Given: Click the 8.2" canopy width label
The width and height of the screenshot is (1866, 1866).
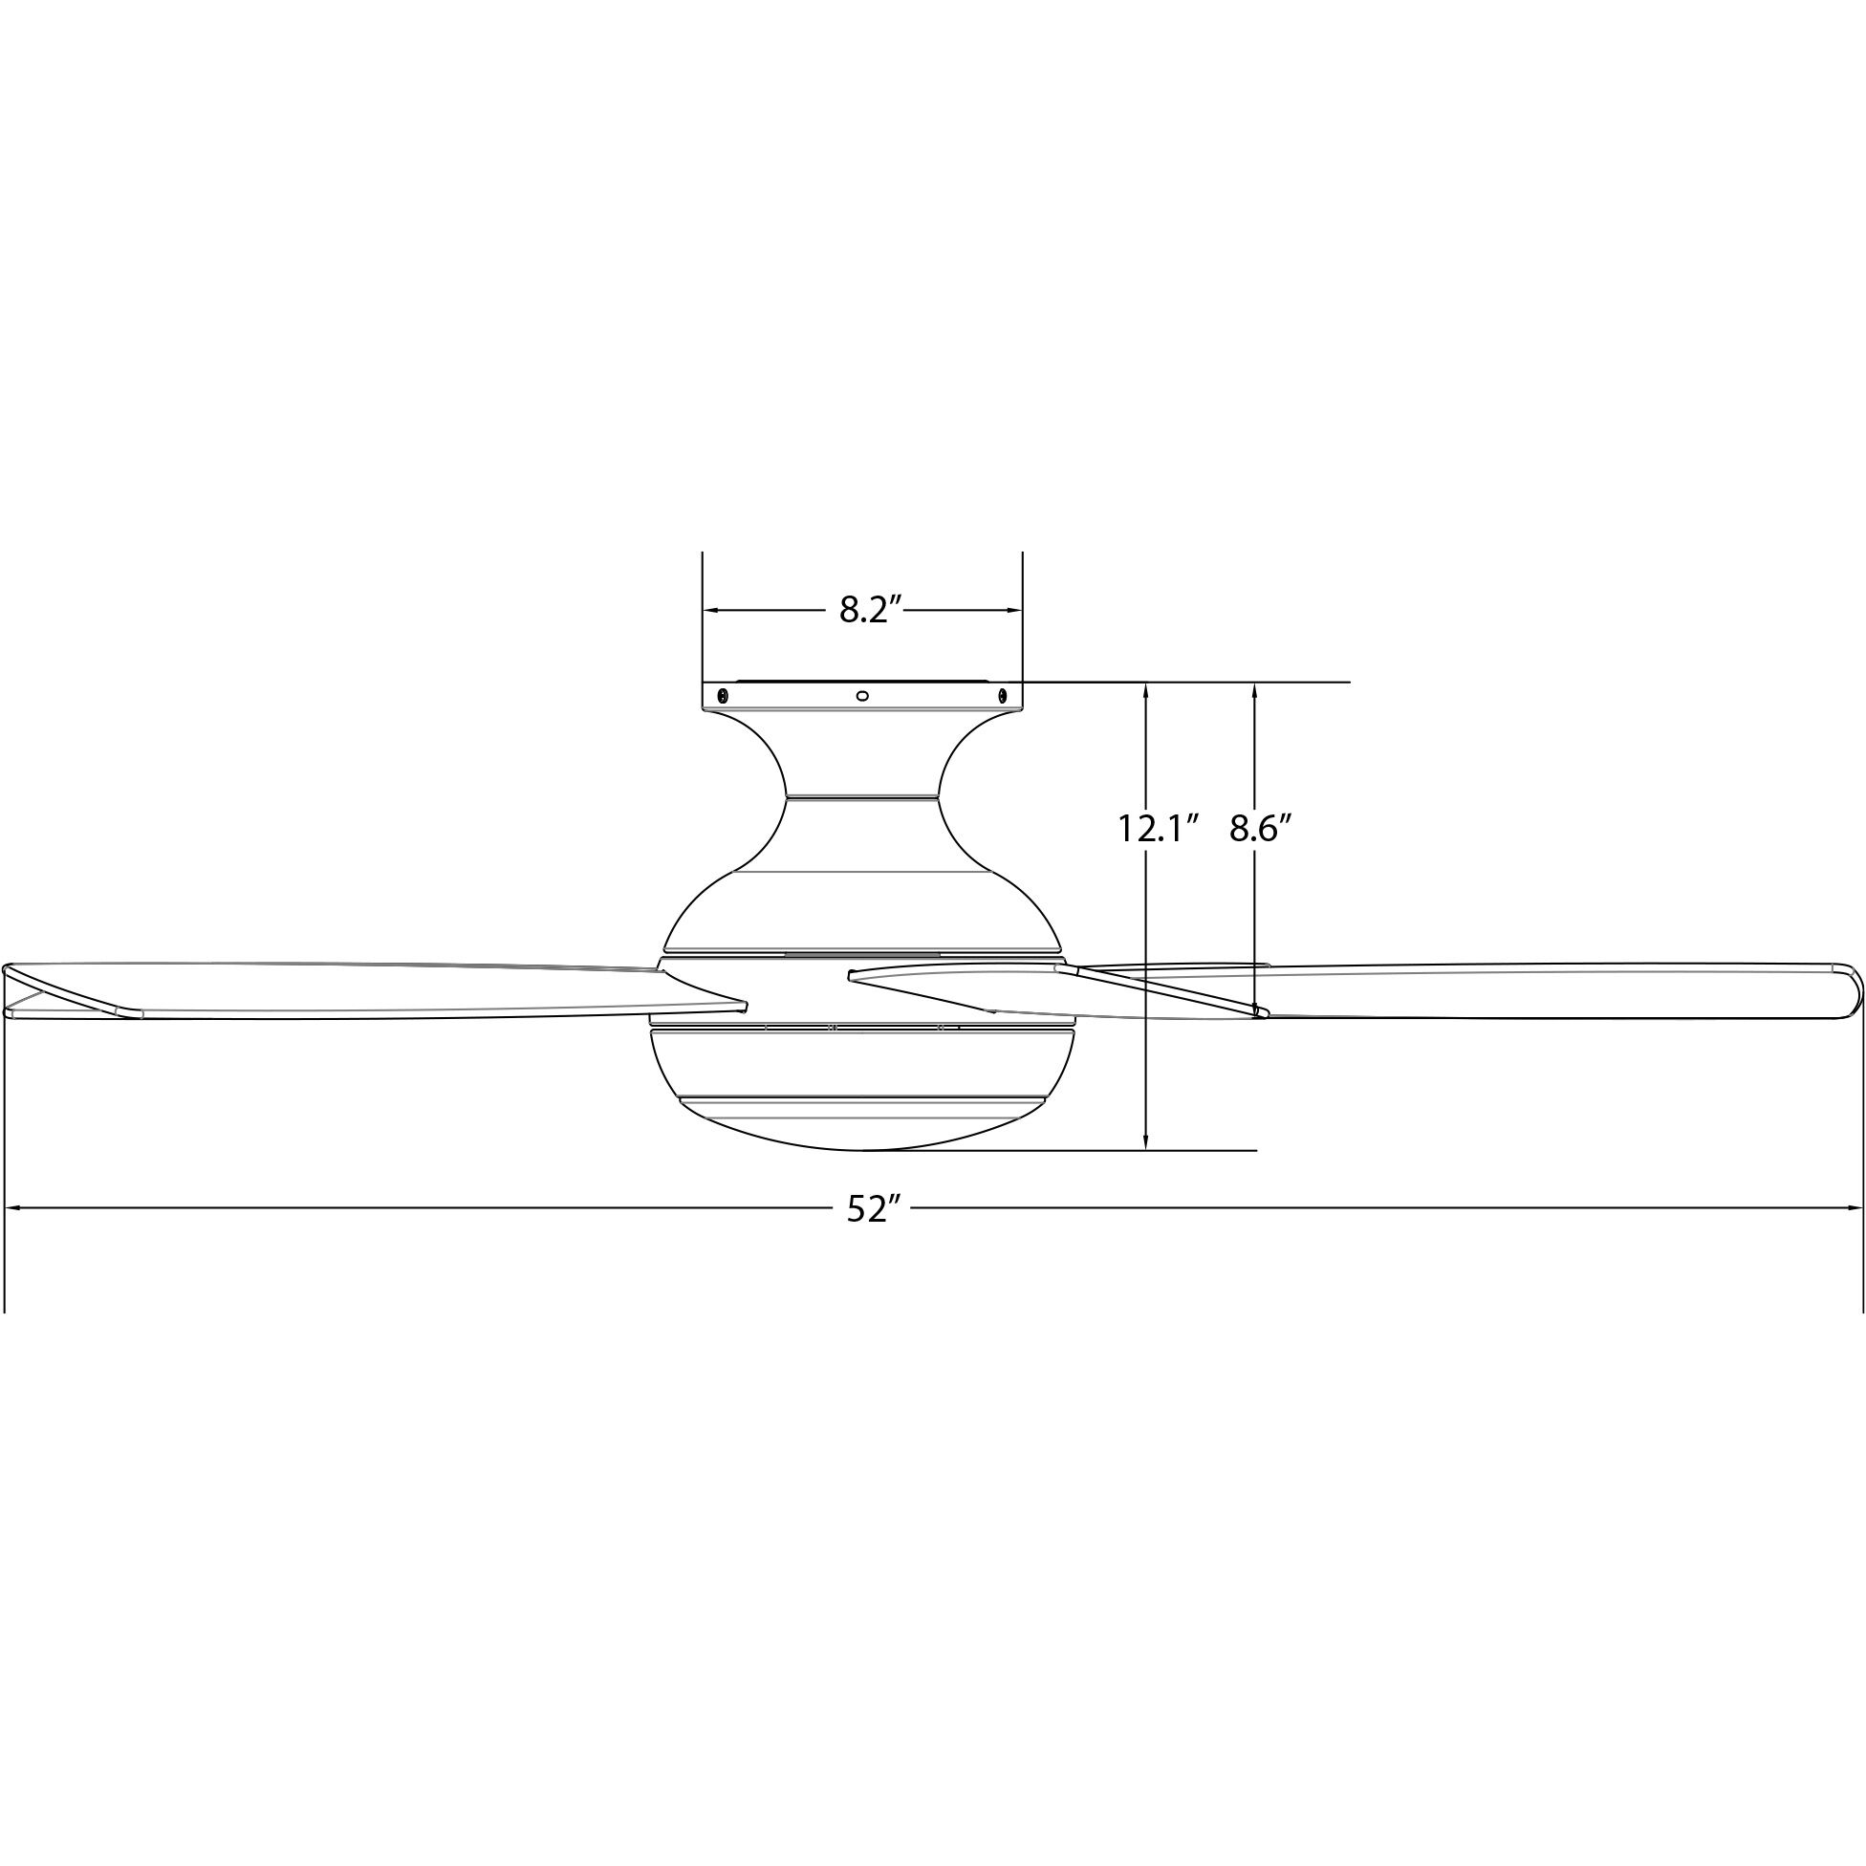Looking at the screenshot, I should click(x=869, y=611).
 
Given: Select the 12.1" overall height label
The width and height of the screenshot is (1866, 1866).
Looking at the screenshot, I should click(x=1158, y=829).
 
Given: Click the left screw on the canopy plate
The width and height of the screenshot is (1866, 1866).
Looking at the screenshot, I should click(x=722, y=694).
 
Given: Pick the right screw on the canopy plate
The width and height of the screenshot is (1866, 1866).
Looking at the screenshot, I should click(x=1002, y=694).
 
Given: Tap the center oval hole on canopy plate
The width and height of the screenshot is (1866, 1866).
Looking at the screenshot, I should click(x=862, y=694).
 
